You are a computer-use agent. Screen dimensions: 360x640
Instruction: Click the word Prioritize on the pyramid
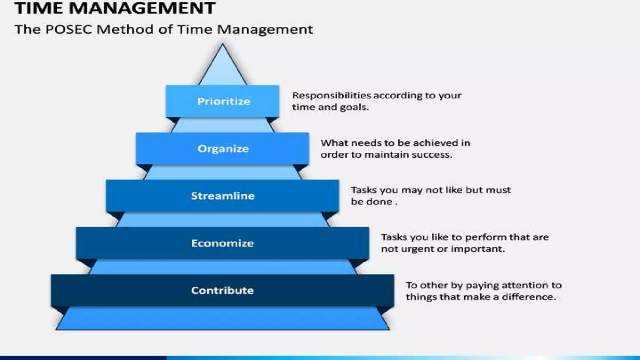tap(223, 101)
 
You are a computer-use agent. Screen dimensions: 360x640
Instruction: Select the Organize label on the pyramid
tap(223, 148)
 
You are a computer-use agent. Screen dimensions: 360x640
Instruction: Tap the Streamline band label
tap(222, 196)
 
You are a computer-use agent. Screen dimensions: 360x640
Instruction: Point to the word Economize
tap(222, 243)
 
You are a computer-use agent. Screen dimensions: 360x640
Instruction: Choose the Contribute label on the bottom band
tap(222, 291)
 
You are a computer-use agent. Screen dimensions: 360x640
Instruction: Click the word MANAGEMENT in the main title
tap(142, 8)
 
